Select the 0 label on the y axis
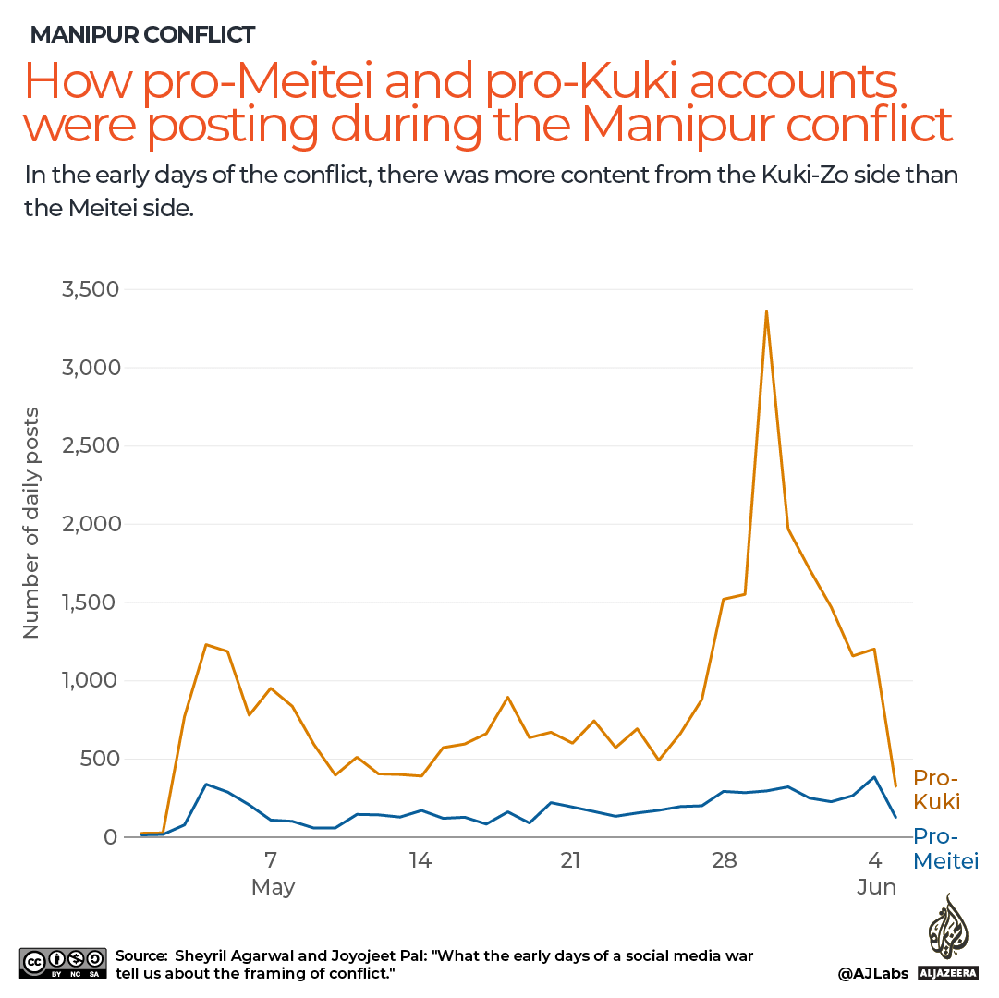coord(111,837)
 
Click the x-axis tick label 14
coord(420,860)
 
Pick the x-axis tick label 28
coord(724,860)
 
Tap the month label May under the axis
coord(273,887)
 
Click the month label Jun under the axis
coord(876,887)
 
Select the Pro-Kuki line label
coord(937,789)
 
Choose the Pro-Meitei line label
coord(944,849)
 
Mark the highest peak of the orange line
coord(766,312)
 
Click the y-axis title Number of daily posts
coord(31,522)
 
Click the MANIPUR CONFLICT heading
coord(143,35)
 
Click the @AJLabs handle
coord(871,973)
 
